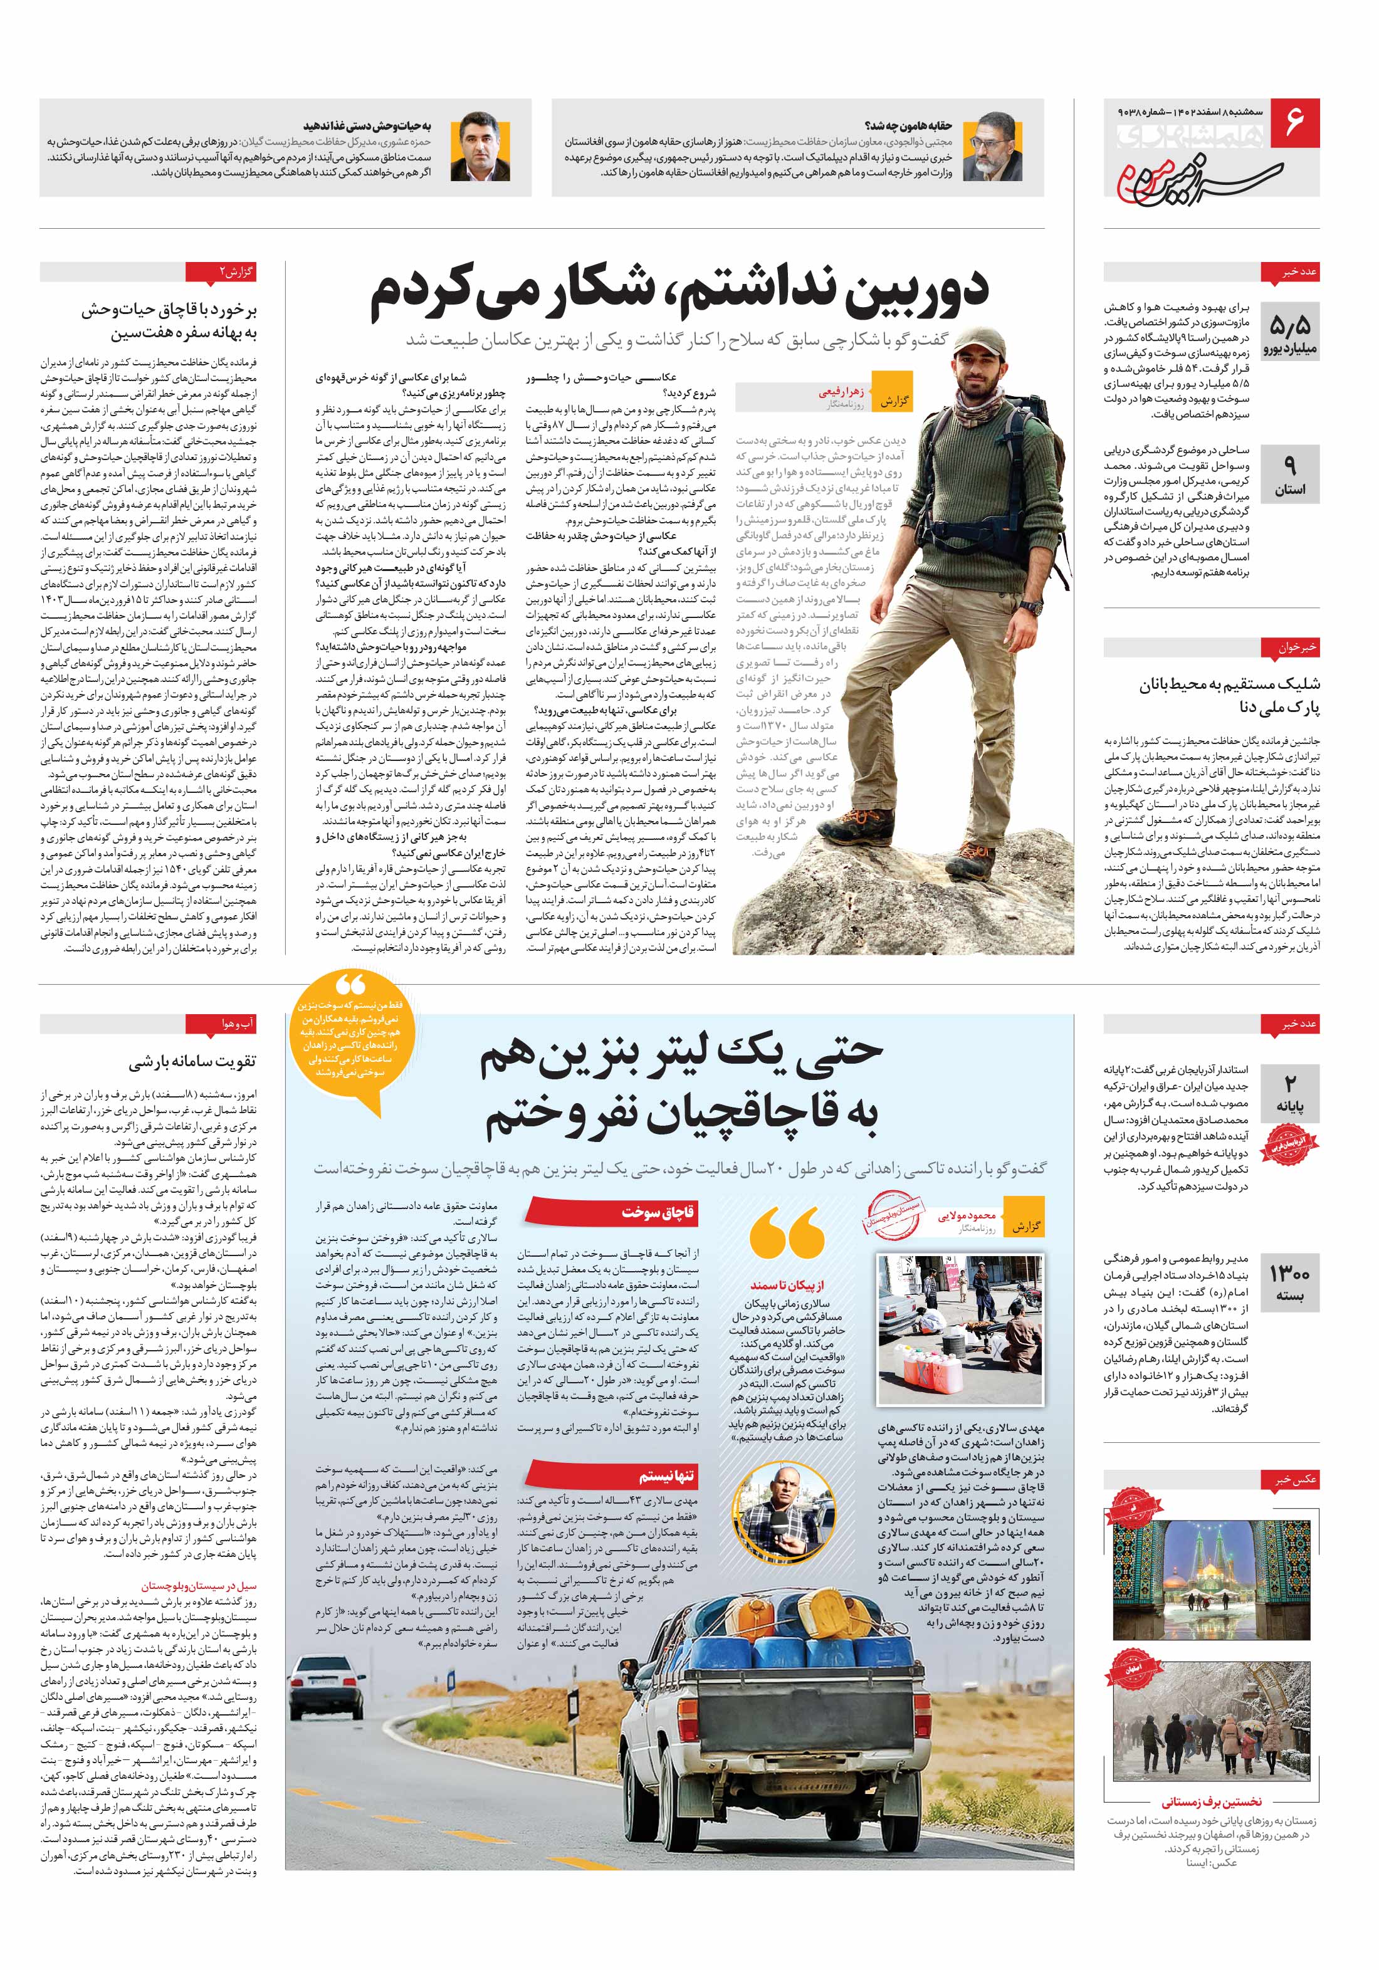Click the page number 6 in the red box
point(1294,123)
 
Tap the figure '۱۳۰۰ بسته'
point(1290,1284)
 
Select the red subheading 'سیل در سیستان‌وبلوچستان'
point(199,1586)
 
